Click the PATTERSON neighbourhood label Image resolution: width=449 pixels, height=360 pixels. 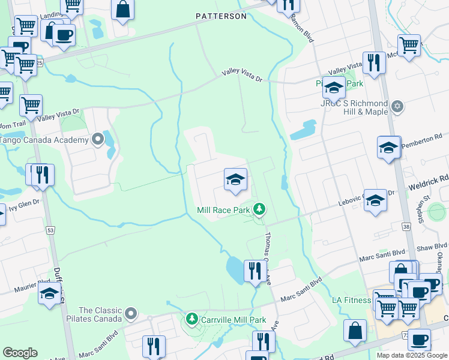pyautogui.click(x=221, y=16)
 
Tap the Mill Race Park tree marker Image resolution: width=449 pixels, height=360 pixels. pyautogui.click(x=259, y=209)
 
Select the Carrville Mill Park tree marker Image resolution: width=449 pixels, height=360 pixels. pyautogui.click(x=192, y=318)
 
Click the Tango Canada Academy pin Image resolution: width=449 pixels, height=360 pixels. pyautogui.click(x=98, y=140)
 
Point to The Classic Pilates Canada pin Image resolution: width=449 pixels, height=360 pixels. pyautogui.click(x=131, y=313)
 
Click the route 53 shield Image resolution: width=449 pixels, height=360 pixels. pyautogui.click(x=50, y=230)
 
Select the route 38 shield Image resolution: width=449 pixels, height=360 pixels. pyautogui.click(x=406, y=227)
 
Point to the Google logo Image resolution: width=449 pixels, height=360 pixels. pyautogui.click(x=20, y=353)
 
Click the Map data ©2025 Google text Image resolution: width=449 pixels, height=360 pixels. pyautogui.click(x=412, y=355)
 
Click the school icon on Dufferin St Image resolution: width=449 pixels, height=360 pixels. pyautogui.click(x=49, y=293)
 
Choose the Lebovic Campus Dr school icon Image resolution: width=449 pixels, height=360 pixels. pyautogui.click(x=376, y=200)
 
